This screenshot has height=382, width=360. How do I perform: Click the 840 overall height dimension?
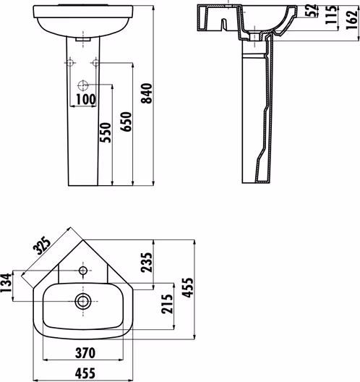(x=147, y=93)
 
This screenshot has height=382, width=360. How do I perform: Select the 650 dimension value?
(x=126, y=122)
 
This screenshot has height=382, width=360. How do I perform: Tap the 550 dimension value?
(x=106, y=132)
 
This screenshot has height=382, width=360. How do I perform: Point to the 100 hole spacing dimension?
(x=86, y=99)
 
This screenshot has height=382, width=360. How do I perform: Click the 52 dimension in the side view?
(x=312, y=10)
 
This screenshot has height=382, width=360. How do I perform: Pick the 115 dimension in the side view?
(x=331, y=15)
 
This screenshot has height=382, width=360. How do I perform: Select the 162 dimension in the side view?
(x=352, y=20)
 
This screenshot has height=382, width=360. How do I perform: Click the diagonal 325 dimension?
(x=42, y=245)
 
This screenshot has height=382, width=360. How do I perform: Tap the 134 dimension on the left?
(x=6, y=283)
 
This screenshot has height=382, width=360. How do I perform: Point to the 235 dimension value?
(x=147, y=263)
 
